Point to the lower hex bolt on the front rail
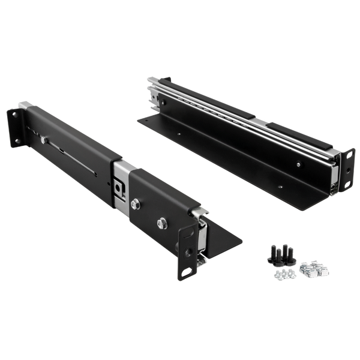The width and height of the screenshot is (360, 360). tap(161, 224)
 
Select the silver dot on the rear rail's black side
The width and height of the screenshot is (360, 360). tap(298, 162)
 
